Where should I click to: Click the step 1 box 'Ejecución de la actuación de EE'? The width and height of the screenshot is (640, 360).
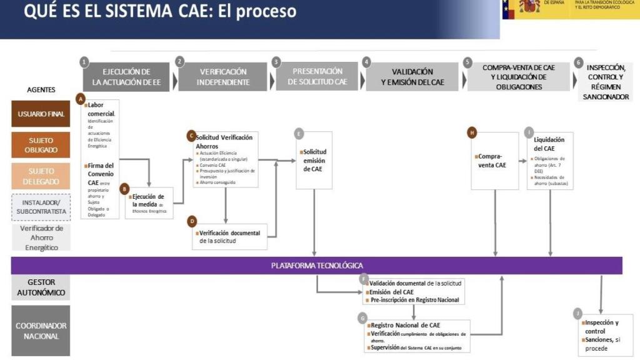(127, 77)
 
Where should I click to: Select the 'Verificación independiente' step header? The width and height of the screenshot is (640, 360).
(223, 77)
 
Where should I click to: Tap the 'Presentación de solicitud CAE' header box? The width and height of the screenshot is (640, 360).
(317, 76)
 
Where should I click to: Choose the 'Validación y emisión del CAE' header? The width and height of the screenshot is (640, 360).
(412, 77)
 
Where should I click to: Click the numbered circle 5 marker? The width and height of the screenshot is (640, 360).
(467, 62)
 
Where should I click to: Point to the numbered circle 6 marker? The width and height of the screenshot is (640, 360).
(579, 62)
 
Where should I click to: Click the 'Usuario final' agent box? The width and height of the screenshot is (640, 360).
(41, 114)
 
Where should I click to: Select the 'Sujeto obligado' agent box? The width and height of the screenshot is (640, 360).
(41, 145)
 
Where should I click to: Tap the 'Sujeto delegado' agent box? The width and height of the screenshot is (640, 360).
(41, 176)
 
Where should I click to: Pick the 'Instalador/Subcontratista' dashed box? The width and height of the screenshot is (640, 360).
(41, 207)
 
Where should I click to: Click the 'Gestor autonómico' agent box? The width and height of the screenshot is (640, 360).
(41, 287)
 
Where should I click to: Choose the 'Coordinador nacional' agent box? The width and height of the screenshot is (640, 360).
(41, 331)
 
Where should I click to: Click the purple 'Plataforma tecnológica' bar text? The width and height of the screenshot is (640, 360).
(317, 265)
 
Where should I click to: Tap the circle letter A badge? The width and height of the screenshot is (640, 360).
(79, 99)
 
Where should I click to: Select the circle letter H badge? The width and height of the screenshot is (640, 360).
(472, 132)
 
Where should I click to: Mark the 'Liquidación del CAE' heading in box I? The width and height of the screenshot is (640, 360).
(549, 144)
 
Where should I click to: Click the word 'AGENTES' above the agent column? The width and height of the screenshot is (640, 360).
(41, 89)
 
